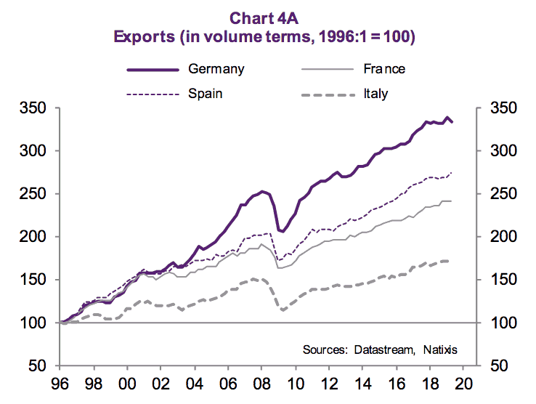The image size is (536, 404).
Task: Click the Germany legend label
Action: click(216, 70)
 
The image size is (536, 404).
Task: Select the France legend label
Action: click(384, 70)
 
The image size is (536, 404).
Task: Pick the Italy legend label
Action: click(376, 94)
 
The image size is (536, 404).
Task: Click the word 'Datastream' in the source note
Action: click(388, 350)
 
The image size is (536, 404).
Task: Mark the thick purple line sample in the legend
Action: click(153, 70)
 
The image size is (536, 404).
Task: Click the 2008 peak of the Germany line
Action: click(264, 191)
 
